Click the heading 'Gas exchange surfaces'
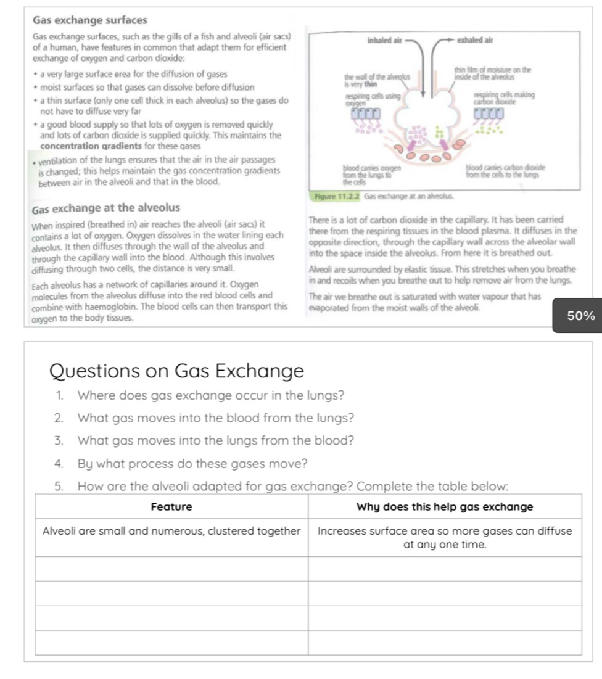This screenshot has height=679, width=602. click(x=90, y=20)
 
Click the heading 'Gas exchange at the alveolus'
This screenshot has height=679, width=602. click(x=106, y=207)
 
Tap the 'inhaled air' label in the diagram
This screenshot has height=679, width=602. click(x=384, y=40)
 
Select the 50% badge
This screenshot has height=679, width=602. click(x=580, y=316)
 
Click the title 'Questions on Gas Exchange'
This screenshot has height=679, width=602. click(x=176, y=371)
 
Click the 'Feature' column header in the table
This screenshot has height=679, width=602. click(x=171, y=507)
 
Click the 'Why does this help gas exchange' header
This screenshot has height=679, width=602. click(x=444, y=507)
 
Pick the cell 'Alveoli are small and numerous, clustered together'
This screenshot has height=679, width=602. click(x=171, y=530)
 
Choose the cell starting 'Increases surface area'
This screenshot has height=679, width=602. click(x=444, y=537)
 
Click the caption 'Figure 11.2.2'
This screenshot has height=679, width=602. click(x=337, y=196)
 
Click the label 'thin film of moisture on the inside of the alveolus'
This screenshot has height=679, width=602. click(x=493, y=73)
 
